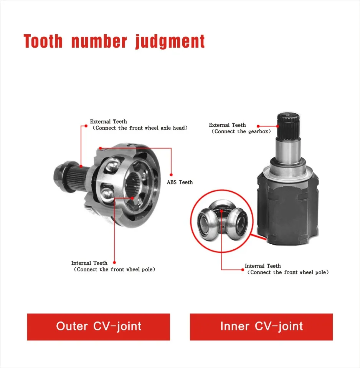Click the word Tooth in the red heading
point(43,41)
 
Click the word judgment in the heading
point(170,42)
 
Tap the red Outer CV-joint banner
point(98,327)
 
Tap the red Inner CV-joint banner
point(261,327)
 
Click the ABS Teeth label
point(180,182)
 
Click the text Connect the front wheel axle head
point(140,128)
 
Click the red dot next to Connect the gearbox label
point(258,126)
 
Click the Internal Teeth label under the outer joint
point(89,263)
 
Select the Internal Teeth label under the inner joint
point(263,266)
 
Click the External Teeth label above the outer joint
point(108,122)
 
